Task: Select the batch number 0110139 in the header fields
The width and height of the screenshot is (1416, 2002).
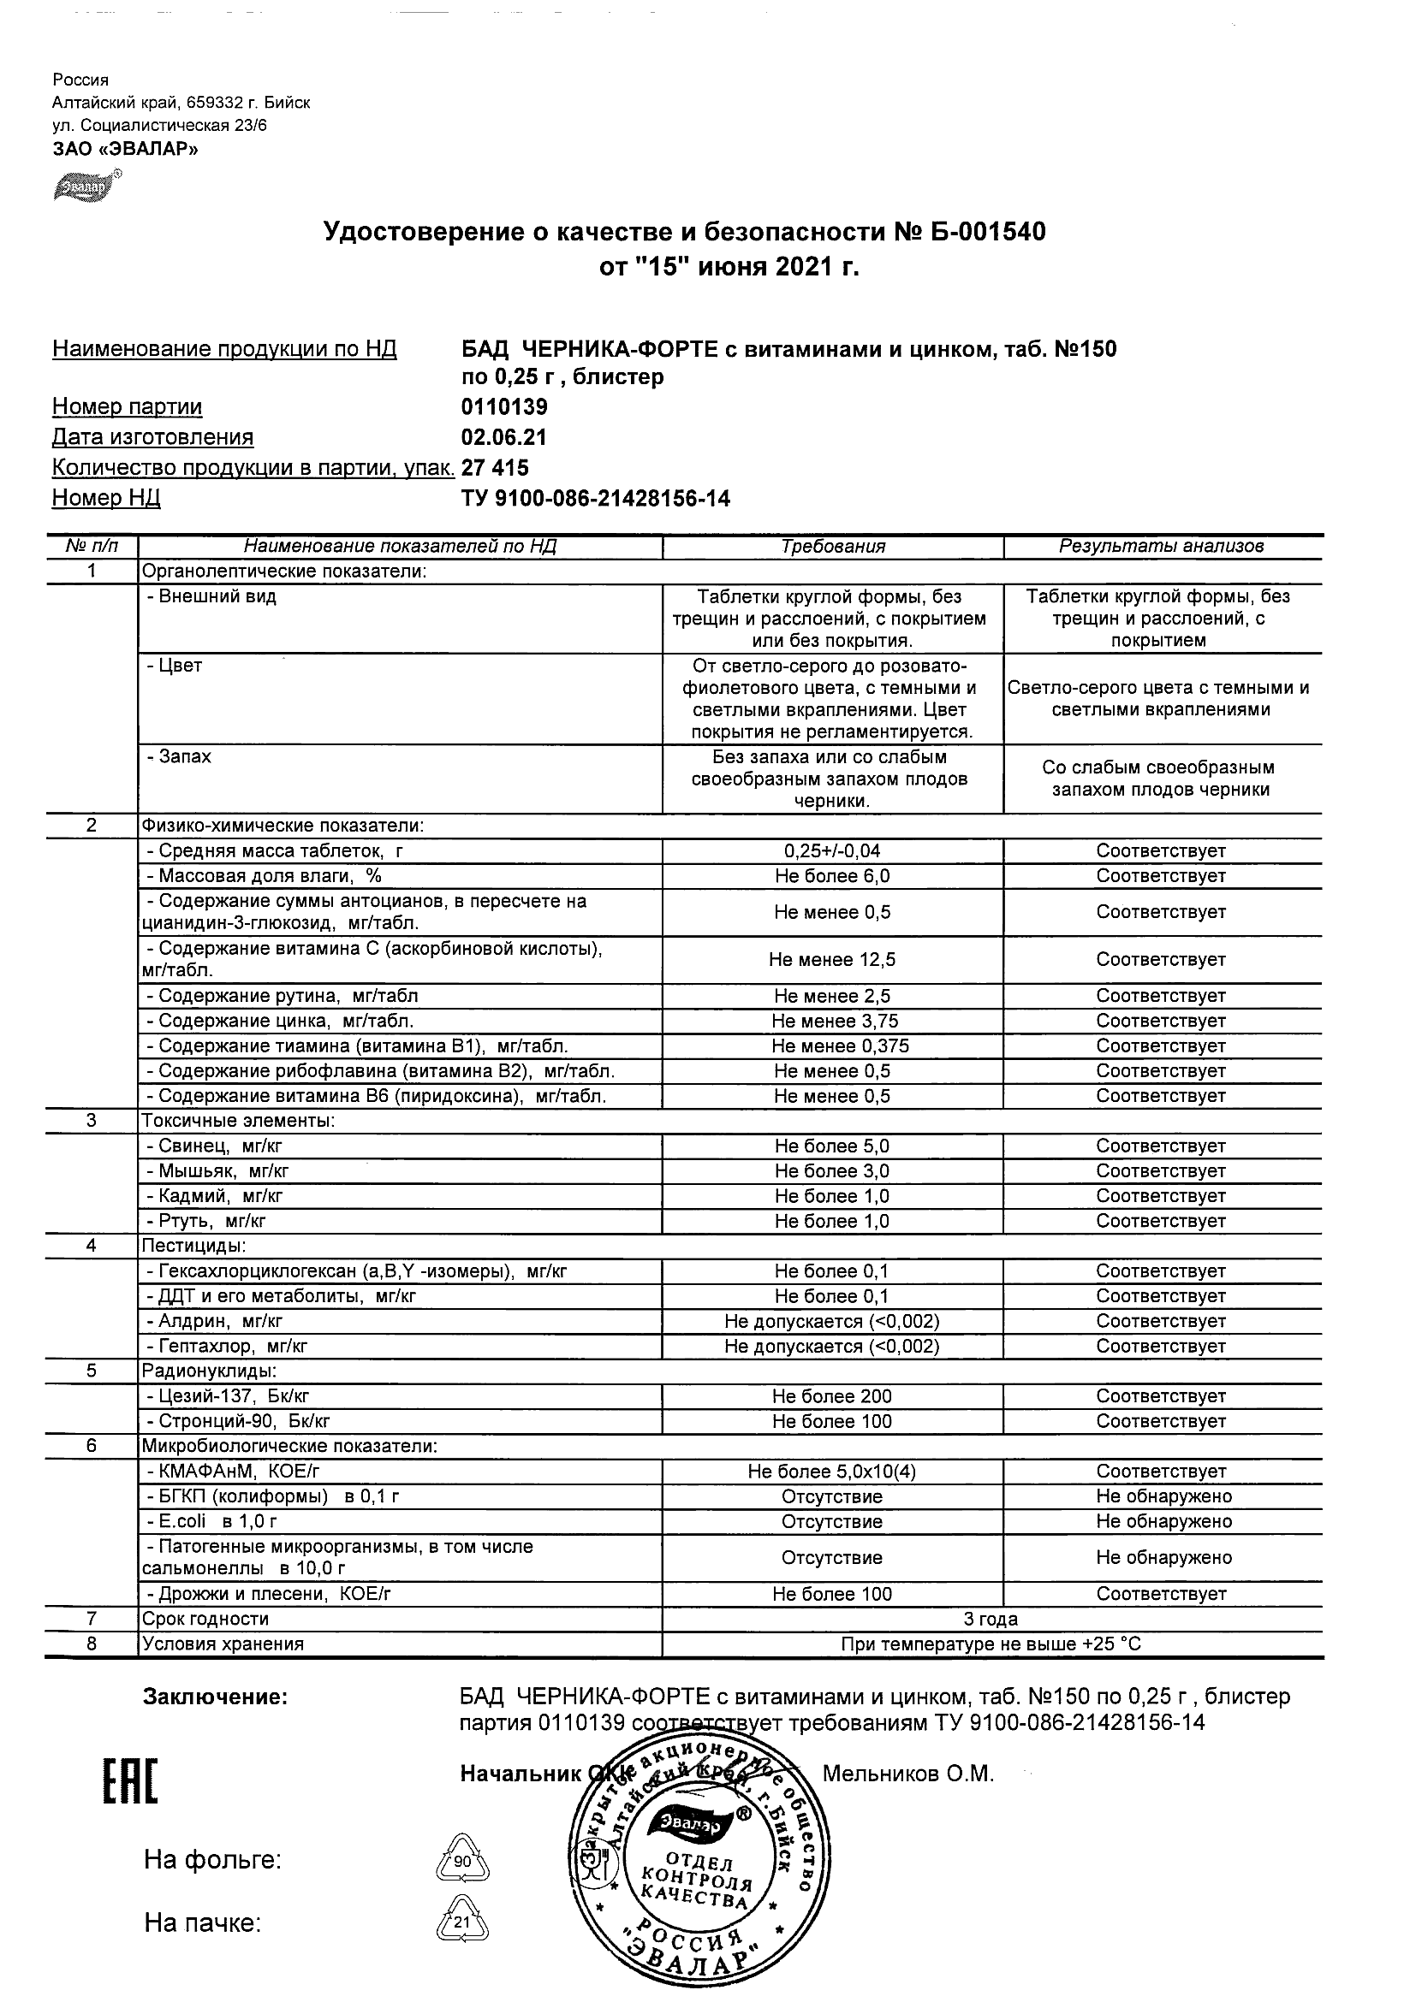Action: [504, 407]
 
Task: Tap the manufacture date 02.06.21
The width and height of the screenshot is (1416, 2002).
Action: [504, 438]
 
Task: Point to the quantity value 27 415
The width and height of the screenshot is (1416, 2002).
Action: [495, 468]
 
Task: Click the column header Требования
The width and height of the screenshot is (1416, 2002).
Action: [832, 547]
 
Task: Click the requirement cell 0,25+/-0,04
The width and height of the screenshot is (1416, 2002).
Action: [832, 851]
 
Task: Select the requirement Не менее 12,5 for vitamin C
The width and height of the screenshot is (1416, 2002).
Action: [832, 960]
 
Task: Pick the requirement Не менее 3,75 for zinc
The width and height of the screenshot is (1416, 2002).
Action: [834, 1021]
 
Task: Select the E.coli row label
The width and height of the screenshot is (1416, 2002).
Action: [212, 1522]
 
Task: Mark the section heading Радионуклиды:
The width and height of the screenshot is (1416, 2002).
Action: [210, 1371]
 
